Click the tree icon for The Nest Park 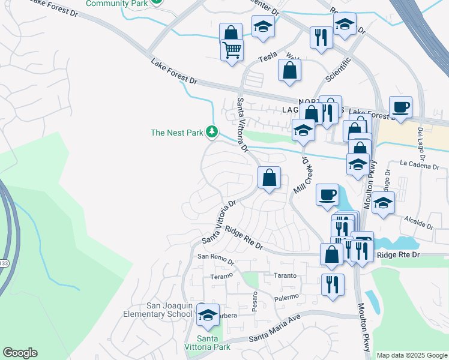pos(211,131)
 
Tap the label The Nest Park pos(177,133)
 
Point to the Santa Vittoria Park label pos(214,343)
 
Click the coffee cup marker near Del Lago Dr pos(400,107)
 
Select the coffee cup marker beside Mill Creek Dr pos(327,194)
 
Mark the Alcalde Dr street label pos(418,221)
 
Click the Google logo pos(20,353)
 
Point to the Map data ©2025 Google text pos(412,355)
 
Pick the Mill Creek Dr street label pos(304,175)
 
